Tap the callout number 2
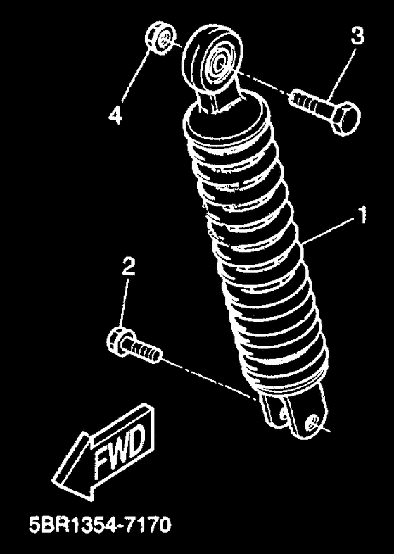pyautogui.click(x=129, y=267)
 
